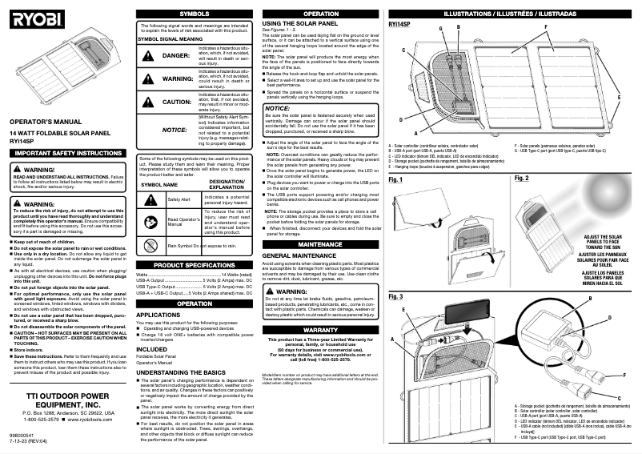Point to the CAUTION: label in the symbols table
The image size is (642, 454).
[177, 102]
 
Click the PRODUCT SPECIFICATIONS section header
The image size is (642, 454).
[194, 264]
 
